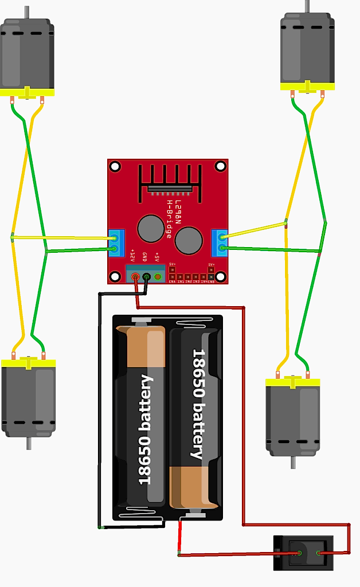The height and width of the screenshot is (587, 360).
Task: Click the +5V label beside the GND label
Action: pos(156,256)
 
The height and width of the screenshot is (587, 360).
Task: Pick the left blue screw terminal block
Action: pos(116,242)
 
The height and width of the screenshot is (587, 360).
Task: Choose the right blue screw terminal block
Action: pos(219,242)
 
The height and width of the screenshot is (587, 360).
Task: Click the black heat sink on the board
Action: pos(170,182)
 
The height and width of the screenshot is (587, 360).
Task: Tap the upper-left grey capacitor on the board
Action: pos(151,228)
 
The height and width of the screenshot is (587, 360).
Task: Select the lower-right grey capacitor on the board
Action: pos(189,240)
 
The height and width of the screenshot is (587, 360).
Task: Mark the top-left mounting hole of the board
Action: pos(115,167)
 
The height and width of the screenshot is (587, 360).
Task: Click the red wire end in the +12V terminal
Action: pos(136,277)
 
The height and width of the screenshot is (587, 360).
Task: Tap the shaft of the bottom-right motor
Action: pos(293,462)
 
